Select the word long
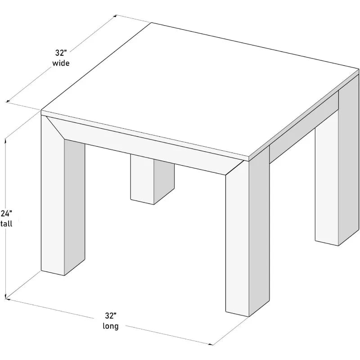(x=110, y=326)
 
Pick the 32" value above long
(x=110, y=315)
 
